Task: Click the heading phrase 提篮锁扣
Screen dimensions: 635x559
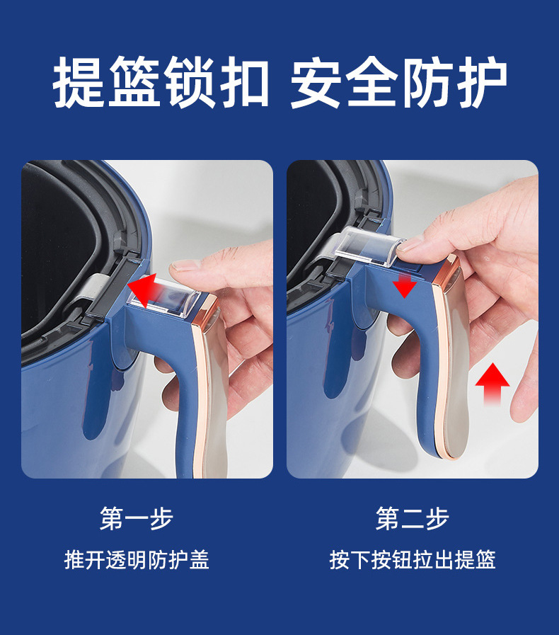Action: tap(161, 84)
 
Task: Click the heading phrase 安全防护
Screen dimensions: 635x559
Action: tap(398, 84)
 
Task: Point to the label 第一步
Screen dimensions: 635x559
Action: tap(137, 519)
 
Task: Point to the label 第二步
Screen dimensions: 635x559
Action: tap(412, 519)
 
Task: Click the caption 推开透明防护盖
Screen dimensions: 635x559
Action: tap(137, 559)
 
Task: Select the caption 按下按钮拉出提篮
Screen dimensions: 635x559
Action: tap(412, 559)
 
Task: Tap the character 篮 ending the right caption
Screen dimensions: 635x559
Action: tap(485, 559)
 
